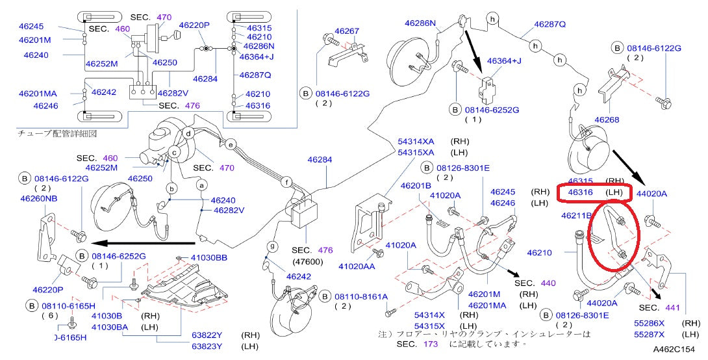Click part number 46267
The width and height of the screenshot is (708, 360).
coord(347,31)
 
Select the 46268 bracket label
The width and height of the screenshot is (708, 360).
coord(607,120)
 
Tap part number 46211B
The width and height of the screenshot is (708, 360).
coord(577,215)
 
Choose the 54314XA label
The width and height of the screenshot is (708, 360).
coord(416,141)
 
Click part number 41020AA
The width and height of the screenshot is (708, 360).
coord(357,266)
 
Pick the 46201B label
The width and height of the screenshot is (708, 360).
coord(416,186)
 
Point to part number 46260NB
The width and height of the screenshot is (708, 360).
coord(38,199)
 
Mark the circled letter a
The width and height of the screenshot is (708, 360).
coord(201,185)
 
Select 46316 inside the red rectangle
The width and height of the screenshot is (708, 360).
coord(581,193)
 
